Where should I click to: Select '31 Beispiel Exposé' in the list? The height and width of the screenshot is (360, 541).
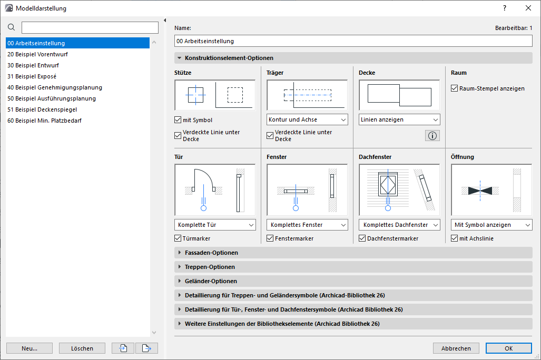tap(32, 76)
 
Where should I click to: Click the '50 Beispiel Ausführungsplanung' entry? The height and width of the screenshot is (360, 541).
tap(52, 98)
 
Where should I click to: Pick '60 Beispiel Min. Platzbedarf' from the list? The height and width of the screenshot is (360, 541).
tap(45, 121)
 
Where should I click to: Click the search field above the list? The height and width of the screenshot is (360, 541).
tap(90, 27)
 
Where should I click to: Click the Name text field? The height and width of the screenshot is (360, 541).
tap(353, 41)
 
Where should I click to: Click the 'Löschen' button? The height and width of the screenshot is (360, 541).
tap(82, 348)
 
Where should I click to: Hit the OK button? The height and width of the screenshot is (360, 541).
tap(508, 348)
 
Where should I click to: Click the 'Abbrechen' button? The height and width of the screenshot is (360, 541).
tap(456, 348)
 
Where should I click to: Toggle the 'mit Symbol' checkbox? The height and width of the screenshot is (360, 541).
tap(178, 120)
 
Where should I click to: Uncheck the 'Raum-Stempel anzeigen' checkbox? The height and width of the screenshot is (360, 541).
tap(455, 88)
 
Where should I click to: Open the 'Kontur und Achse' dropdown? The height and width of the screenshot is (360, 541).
tap(307, 119)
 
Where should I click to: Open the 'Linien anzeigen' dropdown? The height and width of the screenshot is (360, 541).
tap(399, 119)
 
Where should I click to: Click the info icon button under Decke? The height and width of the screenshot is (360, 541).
tap(432, 136)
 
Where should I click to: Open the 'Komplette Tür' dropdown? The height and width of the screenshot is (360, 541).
tap(215, 225)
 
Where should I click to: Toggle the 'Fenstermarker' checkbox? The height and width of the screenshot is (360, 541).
tap(270, 238)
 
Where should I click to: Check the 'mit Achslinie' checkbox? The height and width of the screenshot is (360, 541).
tap(455, 238)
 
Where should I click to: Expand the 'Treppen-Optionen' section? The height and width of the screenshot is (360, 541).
tap(210, 267)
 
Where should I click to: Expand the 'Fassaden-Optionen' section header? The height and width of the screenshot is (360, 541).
tap(211, 253)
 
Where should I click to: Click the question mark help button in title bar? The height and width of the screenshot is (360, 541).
tap(505, 8)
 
